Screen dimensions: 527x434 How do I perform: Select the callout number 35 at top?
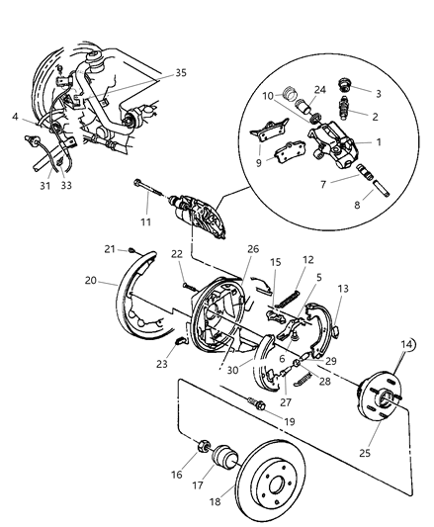pos(180,72)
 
